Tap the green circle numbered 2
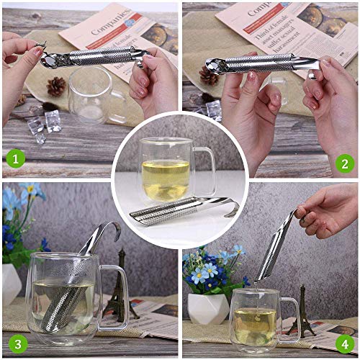point(345,163)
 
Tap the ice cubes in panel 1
point(43,122)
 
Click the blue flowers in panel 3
point(18,209)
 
